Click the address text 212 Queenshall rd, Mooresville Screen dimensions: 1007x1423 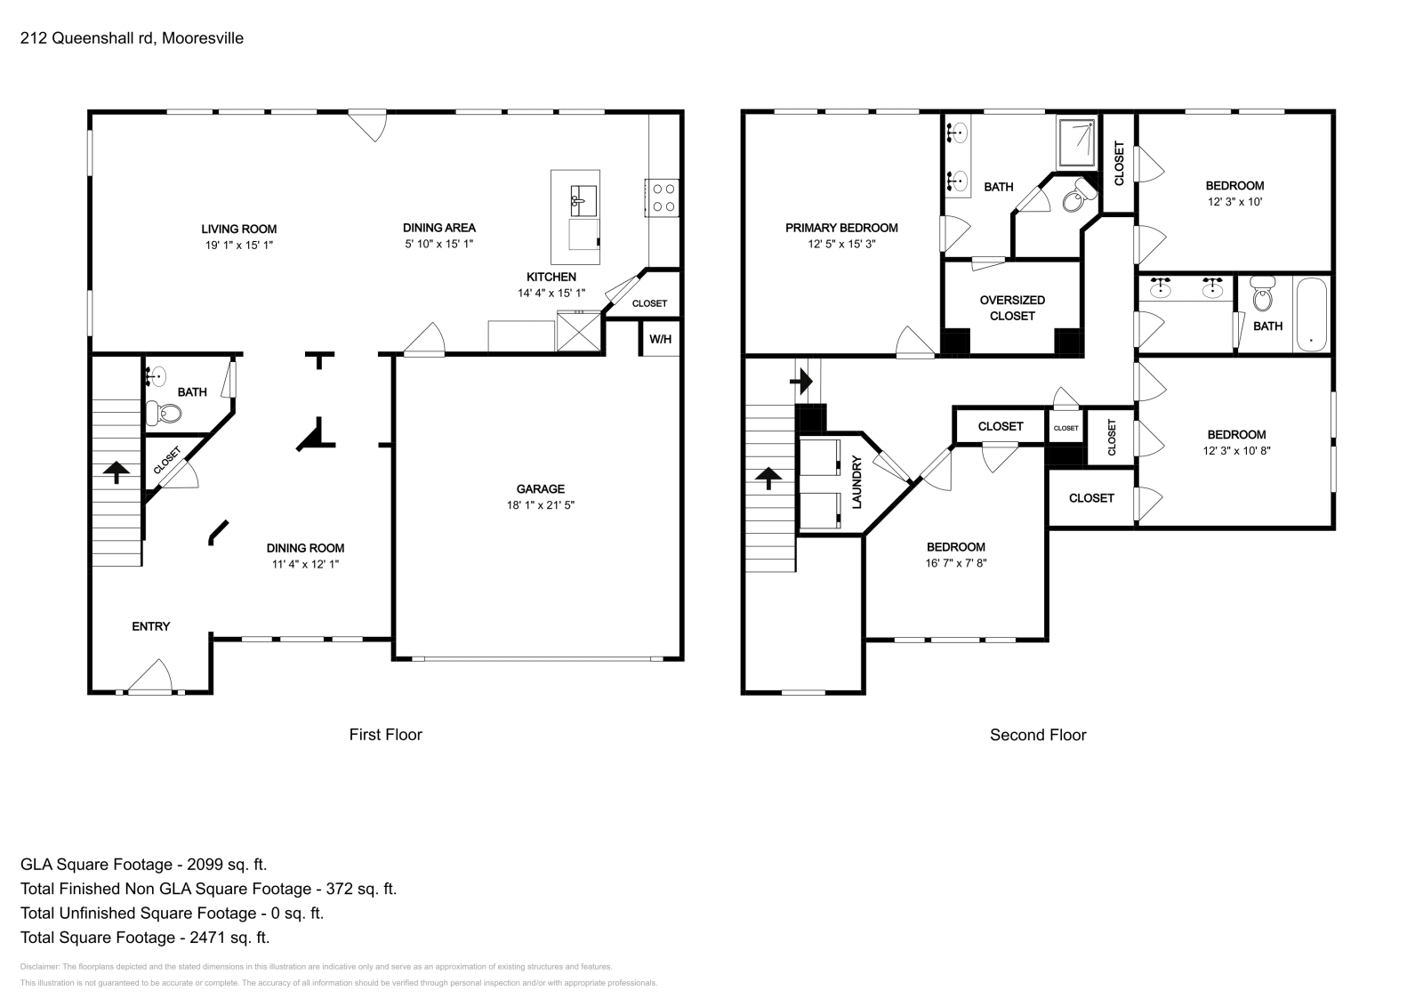point(132,38)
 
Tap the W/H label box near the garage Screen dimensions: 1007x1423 point(660,339)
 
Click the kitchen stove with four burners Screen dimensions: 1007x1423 point(663,197)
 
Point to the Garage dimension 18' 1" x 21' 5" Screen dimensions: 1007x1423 point(541,504)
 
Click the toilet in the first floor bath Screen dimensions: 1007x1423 point(165,413)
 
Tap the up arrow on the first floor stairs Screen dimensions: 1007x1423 point(116,471)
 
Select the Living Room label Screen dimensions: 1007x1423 point(238,229)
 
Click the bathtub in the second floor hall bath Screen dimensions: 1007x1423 point(1312,315)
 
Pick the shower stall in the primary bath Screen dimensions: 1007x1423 point(1077,142)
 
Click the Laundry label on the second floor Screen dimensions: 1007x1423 point(857,482)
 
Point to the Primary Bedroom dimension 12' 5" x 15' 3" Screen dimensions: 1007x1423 point(841,244)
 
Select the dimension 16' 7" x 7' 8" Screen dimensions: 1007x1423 point(956,562)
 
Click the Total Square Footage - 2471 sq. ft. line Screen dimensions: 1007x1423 point(145,938)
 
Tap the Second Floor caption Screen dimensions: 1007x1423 point(1038,735)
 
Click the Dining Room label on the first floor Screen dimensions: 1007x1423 point(305,548)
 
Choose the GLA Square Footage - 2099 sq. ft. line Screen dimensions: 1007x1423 point(143,865)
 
